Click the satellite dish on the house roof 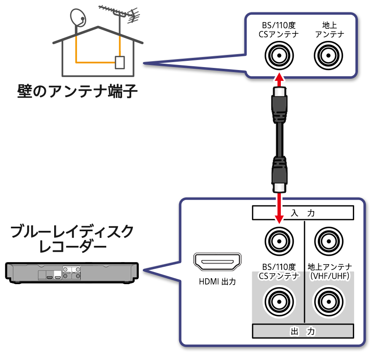pos(77,17)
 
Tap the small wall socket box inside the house pos(120,62)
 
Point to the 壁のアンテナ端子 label pos(77,90)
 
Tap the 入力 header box pos(303,213)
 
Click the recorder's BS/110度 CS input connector pos(279,240)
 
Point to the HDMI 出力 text pos(217,282)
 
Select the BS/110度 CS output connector pos(279,300)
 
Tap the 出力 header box pos(303,332)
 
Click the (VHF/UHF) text pos(330,276)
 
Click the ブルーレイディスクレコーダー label pos(72,240)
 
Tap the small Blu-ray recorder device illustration pos(72,273)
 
